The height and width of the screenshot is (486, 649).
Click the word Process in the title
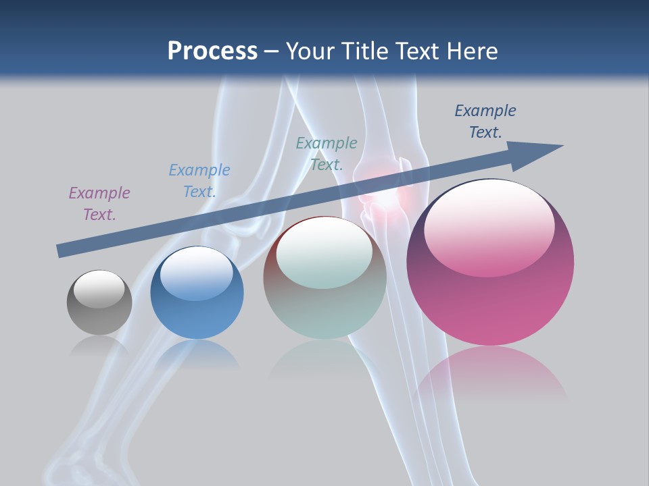click(x=212, y=51)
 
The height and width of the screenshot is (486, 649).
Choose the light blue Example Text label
click(x=199, y=181)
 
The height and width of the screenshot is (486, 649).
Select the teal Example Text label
click(x=327, y=154)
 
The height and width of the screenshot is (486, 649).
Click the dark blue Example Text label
click(x=485, y=122)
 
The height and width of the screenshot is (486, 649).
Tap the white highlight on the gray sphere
click(x=99, y=288)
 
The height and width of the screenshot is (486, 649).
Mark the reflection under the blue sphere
click(x=197, y=354)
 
